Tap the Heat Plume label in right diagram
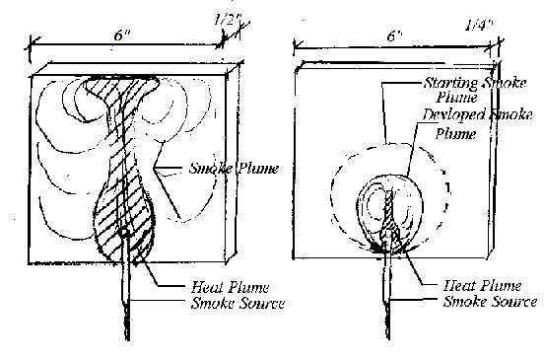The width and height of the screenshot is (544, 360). pos(465,284)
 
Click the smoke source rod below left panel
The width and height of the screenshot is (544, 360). pos(127,306)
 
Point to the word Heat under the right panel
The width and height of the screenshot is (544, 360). pos(444,284)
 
